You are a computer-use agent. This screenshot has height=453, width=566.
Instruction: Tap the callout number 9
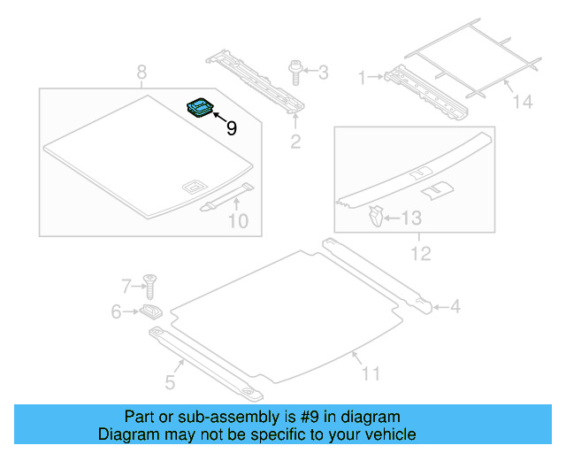click(x=231, y=128)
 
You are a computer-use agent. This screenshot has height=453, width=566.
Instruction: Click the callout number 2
click(x=295, y=142)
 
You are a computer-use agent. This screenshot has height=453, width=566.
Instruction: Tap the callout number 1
click(x=361, y=78)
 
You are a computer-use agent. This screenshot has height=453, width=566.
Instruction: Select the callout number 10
click(x=239, y=220)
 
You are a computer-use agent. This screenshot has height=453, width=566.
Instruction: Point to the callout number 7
click(x=126, y=285)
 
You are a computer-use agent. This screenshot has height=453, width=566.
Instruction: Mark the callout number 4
click(x=455, y=307)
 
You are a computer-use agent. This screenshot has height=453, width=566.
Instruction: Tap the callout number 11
click(x=370, y=373)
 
